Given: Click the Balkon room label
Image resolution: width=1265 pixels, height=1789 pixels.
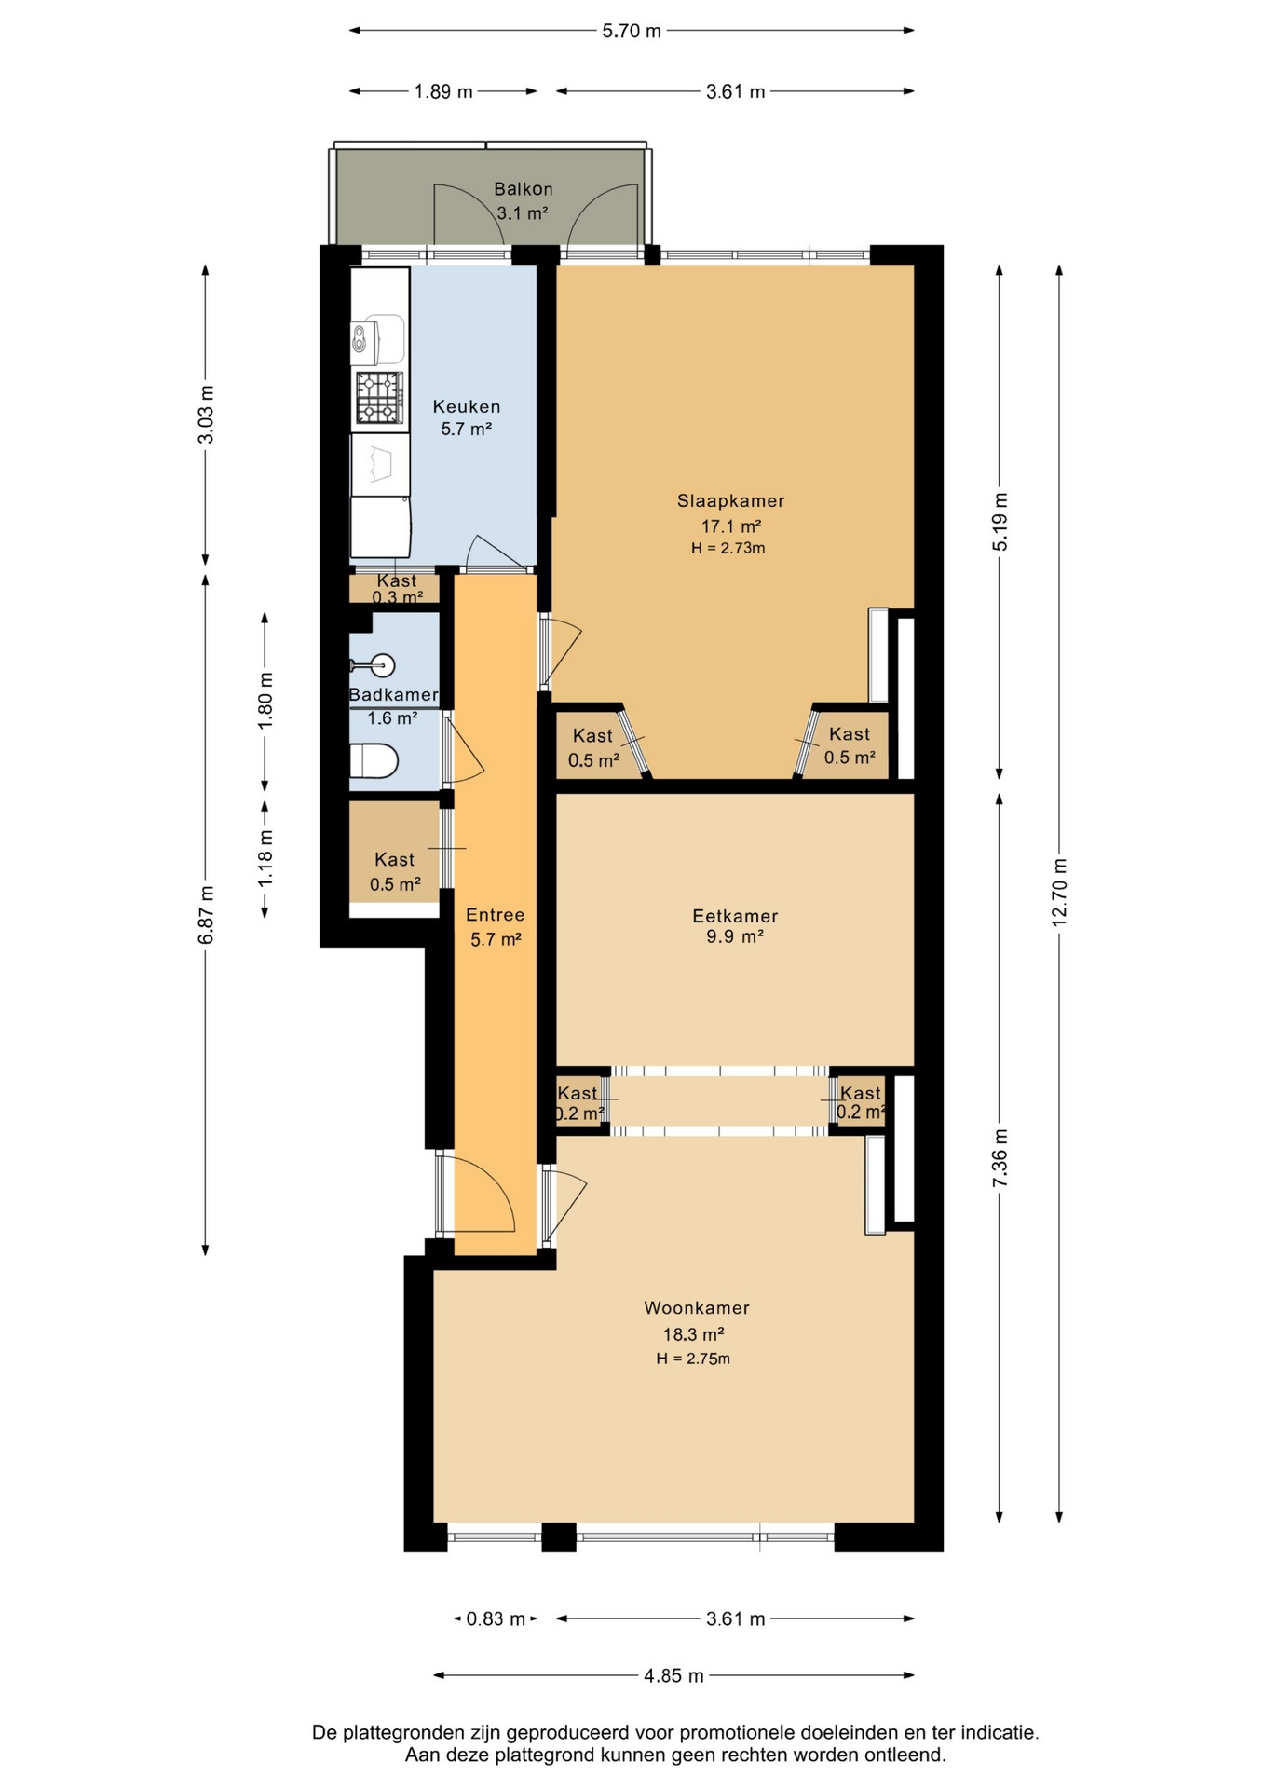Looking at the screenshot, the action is point(523,189).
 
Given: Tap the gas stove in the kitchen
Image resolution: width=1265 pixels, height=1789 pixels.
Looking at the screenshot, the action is point(379,398).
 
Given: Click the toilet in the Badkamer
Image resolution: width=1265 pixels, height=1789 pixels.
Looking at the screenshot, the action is point(374,760).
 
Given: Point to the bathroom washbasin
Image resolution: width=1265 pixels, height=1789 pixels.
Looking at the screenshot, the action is point(376,665).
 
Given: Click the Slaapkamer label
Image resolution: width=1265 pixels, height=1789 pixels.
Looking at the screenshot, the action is point(730,501).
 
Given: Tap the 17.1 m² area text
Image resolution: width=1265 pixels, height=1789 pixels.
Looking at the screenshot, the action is point(731,526).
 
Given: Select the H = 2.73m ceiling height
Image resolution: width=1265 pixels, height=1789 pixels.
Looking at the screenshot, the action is point(728,549).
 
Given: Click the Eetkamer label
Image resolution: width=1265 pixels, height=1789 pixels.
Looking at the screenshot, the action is point(735,916).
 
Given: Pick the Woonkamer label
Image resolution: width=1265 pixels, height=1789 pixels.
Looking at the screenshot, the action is point(697,1308).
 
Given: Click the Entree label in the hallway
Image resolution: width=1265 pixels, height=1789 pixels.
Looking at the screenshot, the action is point(495,915).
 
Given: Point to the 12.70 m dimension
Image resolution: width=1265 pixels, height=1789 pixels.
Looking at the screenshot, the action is point(1059,893).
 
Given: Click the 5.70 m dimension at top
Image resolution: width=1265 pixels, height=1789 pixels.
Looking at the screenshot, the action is point(632,31).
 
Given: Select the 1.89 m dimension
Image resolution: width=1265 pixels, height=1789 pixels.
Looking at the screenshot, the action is point(443,91).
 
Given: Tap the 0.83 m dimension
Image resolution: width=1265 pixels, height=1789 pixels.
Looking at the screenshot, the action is point(496,1618).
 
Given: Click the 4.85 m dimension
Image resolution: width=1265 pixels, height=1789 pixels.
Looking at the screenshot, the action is point(673,1675).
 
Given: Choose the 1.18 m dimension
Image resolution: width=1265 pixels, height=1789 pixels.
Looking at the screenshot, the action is point(265,859).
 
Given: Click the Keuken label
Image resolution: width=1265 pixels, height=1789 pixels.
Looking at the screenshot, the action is point(467,407).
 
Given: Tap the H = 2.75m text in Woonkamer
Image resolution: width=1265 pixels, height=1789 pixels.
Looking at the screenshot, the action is point(693,1359).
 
